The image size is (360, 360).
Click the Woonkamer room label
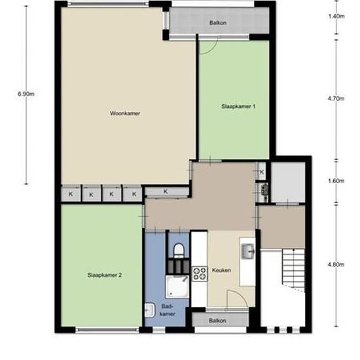125,113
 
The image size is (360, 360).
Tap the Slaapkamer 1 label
238,106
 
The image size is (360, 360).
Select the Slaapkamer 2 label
105,275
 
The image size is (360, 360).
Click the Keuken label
221,270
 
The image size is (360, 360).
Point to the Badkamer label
168,310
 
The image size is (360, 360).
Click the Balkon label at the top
218,23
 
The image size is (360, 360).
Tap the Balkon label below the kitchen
217,321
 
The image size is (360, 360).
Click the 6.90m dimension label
26,94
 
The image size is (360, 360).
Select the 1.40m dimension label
336,16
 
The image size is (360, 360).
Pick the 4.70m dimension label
336,99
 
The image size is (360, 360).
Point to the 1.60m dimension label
336,181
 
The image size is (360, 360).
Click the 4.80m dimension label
336,264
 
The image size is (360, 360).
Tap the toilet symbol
179,250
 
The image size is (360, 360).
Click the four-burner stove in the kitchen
200,274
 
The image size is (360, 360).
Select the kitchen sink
247,251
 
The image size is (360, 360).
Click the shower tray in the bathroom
177,287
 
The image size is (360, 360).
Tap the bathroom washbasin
150,310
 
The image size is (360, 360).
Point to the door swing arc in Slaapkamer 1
211,50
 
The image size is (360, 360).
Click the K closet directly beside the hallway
166,192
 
